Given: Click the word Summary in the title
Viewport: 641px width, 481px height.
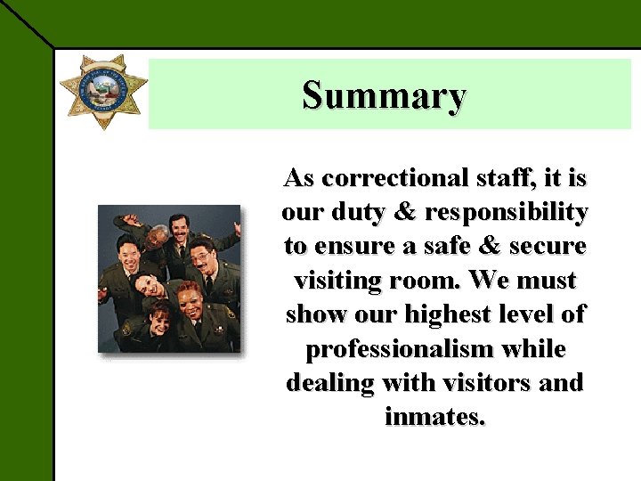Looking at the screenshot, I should pyautogui.click(x=384, y=95).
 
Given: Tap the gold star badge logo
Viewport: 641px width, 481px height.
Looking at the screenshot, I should pyautogui.click(x=103, y=90).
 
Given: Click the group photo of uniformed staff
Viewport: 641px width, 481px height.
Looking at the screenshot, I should pyautogui.click(x=169, y=279).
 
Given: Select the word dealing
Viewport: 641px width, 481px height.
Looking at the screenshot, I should pyautogui.click(x=325, y=382).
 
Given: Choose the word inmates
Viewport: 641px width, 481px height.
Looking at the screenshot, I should pyautogui.click(x=435, y=416).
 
